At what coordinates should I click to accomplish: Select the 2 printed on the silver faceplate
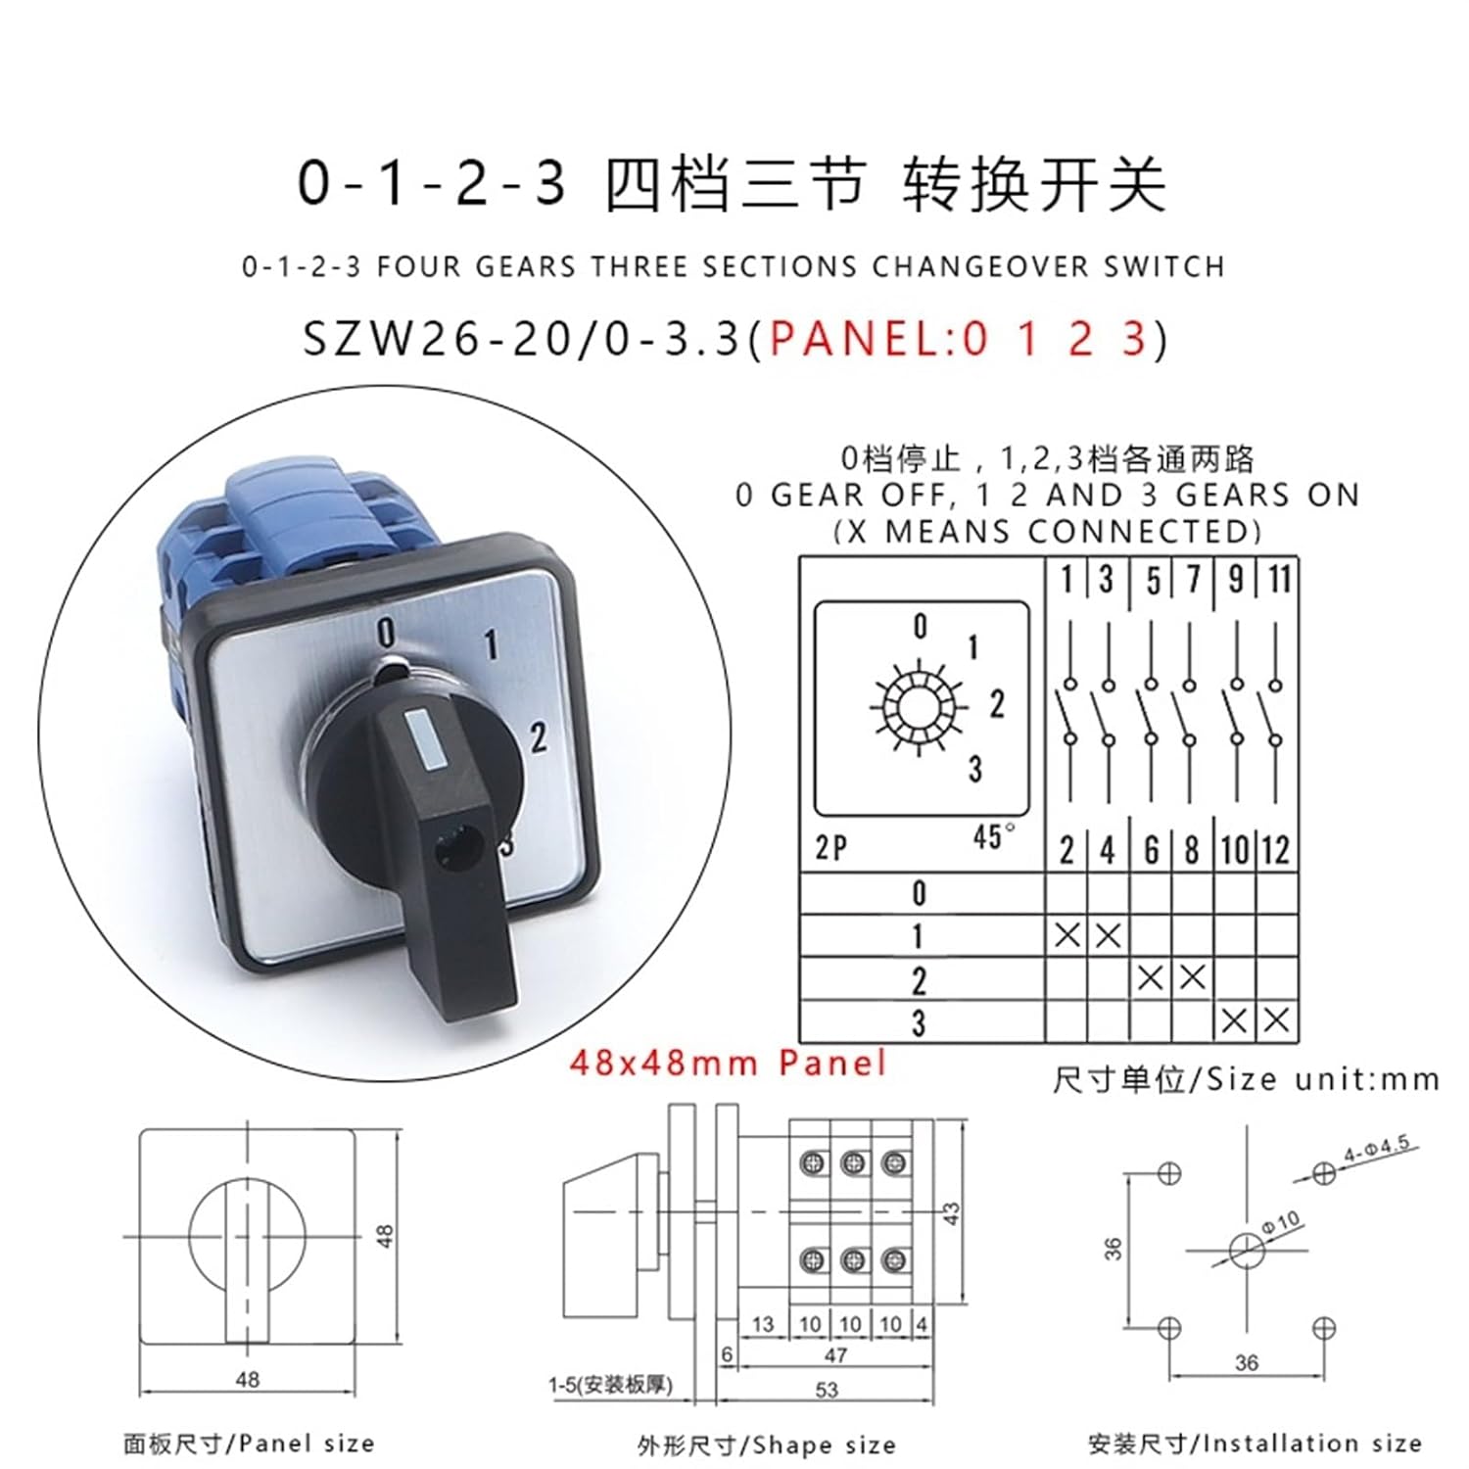click(x=538, y=738)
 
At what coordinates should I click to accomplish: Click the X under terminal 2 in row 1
click(x=1066, y=936)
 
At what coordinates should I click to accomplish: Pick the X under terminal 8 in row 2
click(x=1192, y=978)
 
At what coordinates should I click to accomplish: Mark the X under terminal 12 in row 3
click(x=1276, y=1021)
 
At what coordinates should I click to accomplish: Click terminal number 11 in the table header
click(x=1279, y=580)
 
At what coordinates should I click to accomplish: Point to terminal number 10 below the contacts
click(x=1235, y=850)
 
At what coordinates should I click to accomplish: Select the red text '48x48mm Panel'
click(x=728, y=1063)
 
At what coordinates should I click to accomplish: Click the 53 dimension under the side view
click(x=827, y=1390)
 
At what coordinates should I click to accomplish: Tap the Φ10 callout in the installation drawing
click(x=1282, y=1223)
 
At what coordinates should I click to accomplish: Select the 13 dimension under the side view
click(x=763, y=1324)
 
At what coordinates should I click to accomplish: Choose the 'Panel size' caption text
click(x=307, y=1444)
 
